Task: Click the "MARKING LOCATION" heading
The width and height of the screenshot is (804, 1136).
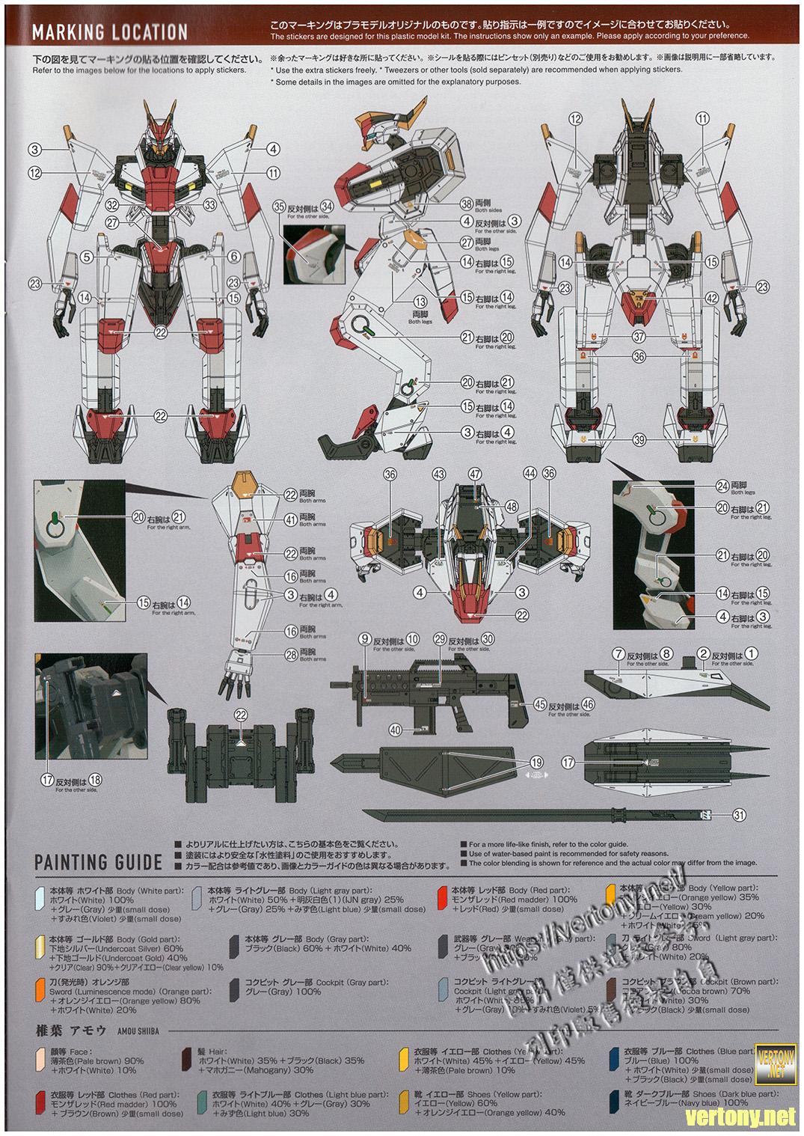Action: pyautogui.click(x=109, y=32)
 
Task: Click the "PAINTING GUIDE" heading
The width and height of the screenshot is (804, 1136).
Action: pyautogui.click(x=98, y=861)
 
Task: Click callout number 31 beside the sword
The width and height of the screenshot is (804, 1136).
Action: pyautogui.click(x=740, y=816)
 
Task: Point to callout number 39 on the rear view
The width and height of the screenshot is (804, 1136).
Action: pyautogui.click(x=639, y=440)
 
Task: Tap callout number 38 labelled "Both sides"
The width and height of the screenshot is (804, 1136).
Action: pyautogui.click(x=467, y=204)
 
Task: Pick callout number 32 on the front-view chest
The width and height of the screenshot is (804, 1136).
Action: pyautogui.click(x=112, y=204)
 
